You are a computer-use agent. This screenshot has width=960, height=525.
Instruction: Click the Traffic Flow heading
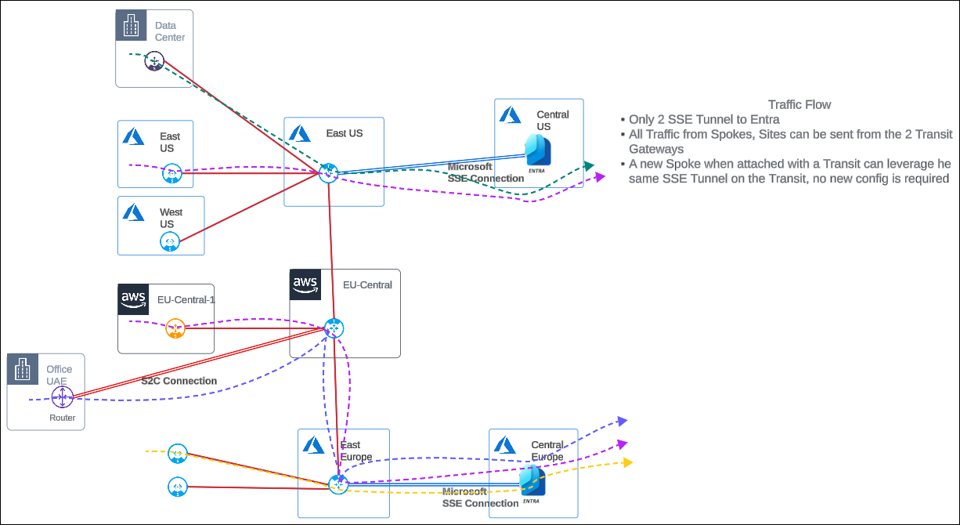(x=799, y=104)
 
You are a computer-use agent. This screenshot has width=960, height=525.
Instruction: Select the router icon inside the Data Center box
(x=153, y=61)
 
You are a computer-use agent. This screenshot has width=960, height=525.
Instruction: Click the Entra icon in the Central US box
(x=539, y=150)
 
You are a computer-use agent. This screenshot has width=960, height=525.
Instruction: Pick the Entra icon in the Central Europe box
(x=532, y=481)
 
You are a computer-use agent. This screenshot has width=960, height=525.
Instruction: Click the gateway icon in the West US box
(x=170, y=241)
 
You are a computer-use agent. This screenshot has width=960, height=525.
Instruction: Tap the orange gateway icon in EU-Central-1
(x=175, y=329)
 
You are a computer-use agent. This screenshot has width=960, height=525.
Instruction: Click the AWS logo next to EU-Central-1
(x=133, y=299)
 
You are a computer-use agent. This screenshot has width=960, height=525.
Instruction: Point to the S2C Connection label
(x=179, y=381)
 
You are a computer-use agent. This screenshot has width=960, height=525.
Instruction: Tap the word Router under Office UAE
(x=63, y=418)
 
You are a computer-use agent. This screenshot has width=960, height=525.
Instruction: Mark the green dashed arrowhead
(x=589, y=165)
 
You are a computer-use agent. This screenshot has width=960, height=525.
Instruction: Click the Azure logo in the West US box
(x=133, y=212)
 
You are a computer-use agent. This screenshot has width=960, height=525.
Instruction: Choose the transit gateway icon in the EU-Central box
(x=334, y=328)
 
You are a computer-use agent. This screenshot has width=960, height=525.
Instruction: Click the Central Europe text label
(x=547, y=451)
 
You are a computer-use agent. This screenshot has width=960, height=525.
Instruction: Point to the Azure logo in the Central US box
(x=511, y=115)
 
